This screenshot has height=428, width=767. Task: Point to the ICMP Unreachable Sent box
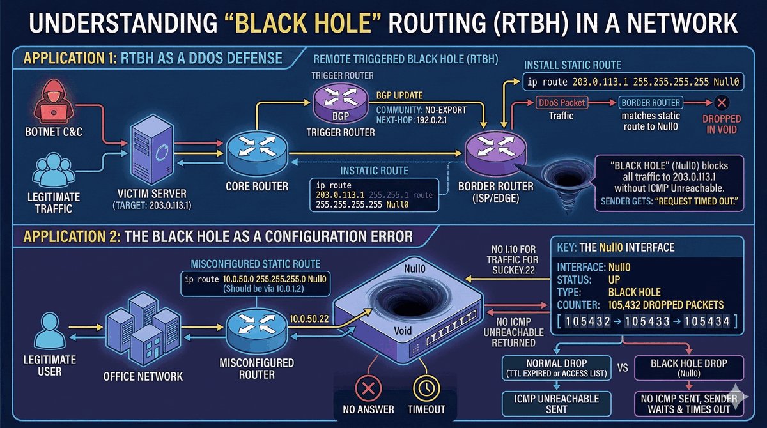(557, 403)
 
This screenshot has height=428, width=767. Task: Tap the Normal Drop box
(557, 367)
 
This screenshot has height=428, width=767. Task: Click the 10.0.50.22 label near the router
(309, 317)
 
